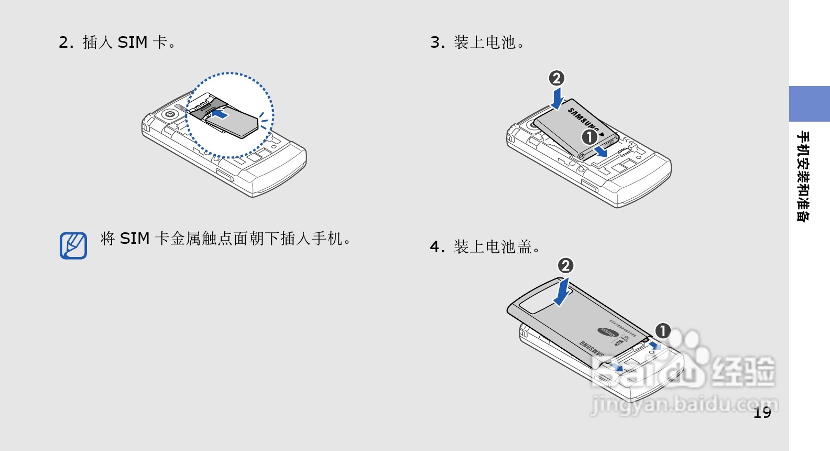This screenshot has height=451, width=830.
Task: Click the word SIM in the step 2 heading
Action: coord(132,42)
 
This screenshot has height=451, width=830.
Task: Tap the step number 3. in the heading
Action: coord(436,42)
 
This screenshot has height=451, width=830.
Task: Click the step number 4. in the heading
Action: coord(436,246)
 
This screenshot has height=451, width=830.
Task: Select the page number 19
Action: coord(762,413)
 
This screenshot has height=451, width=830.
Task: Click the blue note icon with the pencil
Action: coord(73,245)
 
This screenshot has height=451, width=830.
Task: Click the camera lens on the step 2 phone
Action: coord(169,114)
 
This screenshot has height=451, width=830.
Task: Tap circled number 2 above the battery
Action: coord(556,78)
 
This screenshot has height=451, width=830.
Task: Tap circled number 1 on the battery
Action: coord(589,137)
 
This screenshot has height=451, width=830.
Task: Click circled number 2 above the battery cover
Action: coord(565,265)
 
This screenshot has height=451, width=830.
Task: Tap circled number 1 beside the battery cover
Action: coord(663,331)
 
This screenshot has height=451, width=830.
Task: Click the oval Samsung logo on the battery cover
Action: coord(608,331)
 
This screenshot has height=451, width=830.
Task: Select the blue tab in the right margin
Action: coord(809,104)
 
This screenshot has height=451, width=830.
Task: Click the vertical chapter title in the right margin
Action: coord(802,176)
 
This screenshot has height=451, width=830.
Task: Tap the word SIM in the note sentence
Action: coord(135,239)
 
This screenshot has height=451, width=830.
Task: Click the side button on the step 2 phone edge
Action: coord(224,175)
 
